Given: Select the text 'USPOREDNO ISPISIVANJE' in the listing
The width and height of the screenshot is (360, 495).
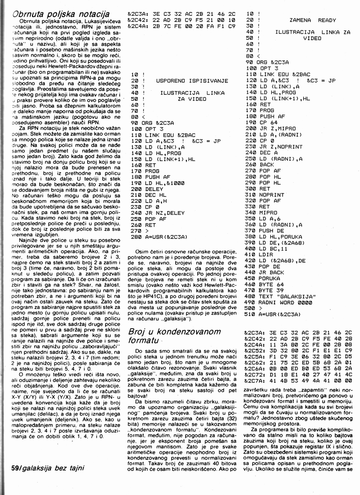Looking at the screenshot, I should (x=189, y=80).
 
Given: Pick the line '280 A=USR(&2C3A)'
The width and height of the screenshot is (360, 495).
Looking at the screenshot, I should (x=159, y=236).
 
